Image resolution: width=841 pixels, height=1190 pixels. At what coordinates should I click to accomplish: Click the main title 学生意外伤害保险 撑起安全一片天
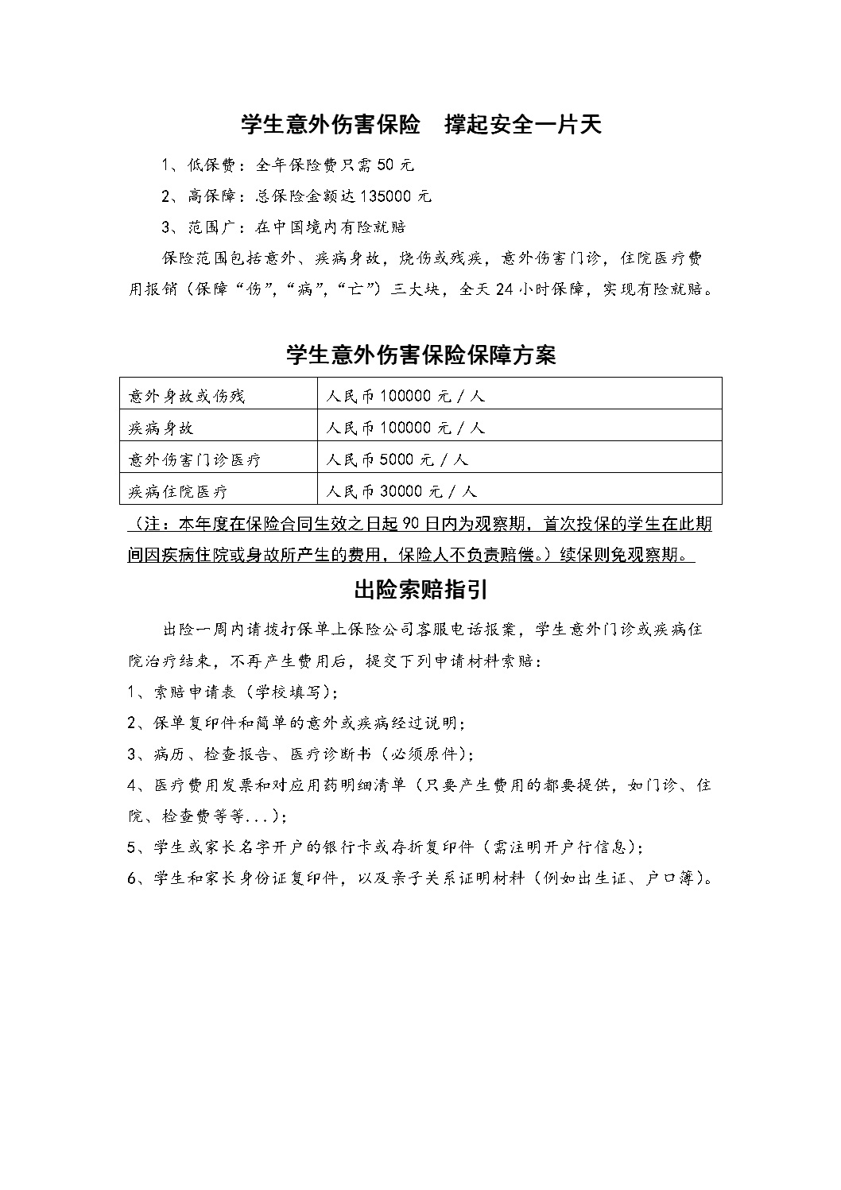pos(421,125)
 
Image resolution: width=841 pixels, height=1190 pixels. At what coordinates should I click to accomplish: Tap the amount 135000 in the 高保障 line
pos(388,196)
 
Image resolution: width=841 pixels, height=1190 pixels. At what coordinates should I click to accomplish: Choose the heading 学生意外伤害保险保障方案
pos(420,355)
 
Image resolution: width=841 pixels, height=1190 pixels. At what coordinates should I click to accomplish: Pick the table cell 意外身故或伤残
pos(187,396)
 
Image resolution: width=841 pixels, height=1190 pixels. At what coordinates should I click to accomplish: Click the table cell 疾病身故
pos(161,428)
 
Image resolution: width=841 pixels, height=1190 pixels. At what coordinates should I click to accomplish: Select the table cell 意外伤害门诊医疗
pos(195,459)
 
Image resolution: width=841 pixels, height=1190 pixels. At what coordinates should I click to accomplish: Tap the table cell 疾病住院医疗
pos(178,491)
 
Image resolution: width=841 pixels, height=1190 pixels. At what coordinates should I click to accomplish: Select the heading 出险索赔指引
pos(420,591)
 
